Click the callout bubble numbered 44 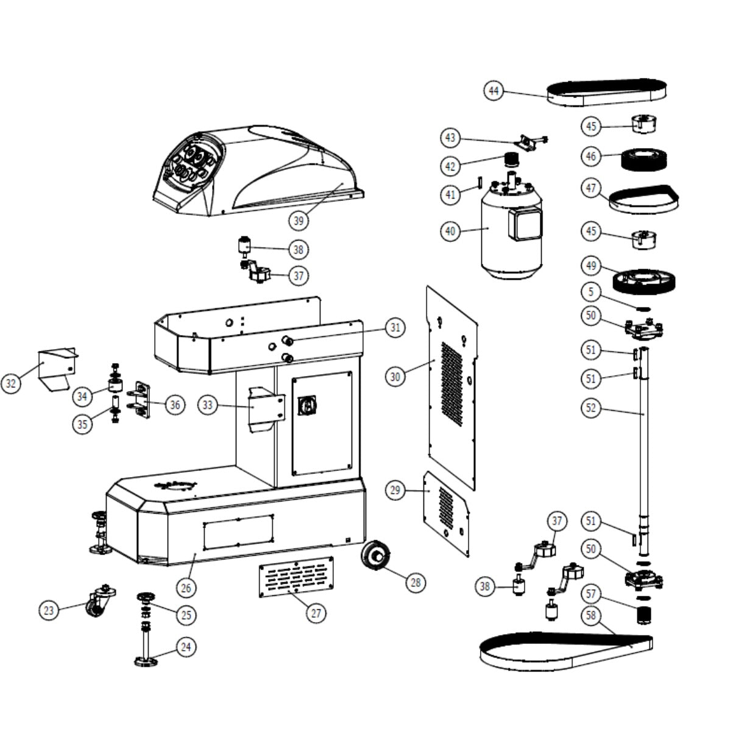click(494, 91)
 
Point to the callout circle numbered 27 click(315, 613)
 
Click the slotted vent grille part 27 click(296, 576)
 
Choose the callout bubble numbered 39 click(299, 221)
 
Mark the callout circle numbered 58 click(590, 616)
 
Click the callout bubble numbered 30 click(395, 377)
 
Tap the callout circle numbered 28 click(415, 582)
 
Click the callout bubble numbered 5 click(590, 292)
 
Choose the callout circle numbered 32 click(10, 384)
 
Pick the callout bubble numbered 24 click(186, 646)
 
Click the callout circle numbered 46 click(590, 157)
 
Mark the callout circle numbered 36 click(175, 405)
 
